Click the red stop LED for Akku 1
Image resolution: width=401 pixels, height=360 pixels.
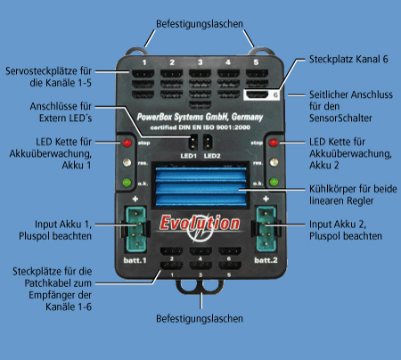tap(127, 143)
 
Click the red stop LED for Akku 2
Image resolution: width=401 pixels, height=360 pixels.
tap(273, 143)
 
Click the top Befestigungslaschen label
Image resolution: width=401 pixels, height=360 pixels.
tap(200, 12)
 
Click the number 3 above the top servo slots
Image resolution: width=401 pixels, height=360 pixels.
tap(200, 62)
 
